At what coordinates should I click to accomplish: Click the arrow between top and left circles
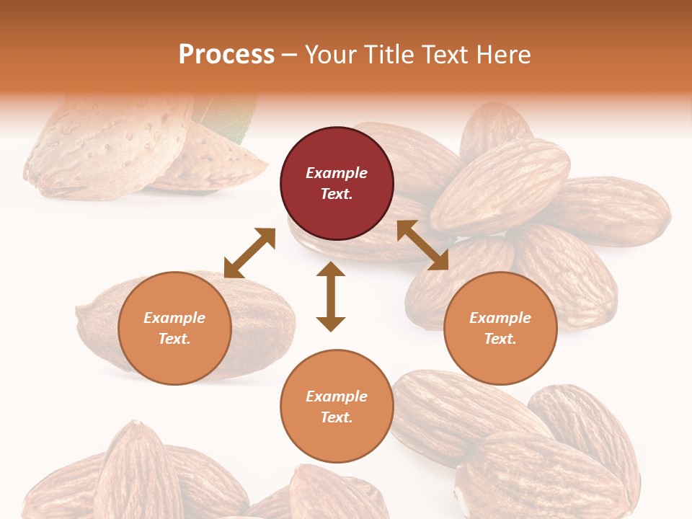(249, 253)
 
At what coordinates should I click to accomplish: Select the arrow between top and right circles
(422, 245)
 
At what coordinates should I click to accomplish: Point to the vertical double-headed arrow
(331, 296)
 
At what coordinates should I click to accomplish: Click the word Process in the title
(226, 55)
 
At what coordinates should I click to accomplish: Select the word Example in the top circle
(337, 173)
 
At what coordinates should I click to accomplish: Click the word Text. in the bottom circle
(337, 417)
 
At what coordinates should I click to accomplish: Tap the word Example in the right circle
(500, 318)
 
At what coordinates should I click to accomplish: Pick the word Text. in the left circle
(174, 339)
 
